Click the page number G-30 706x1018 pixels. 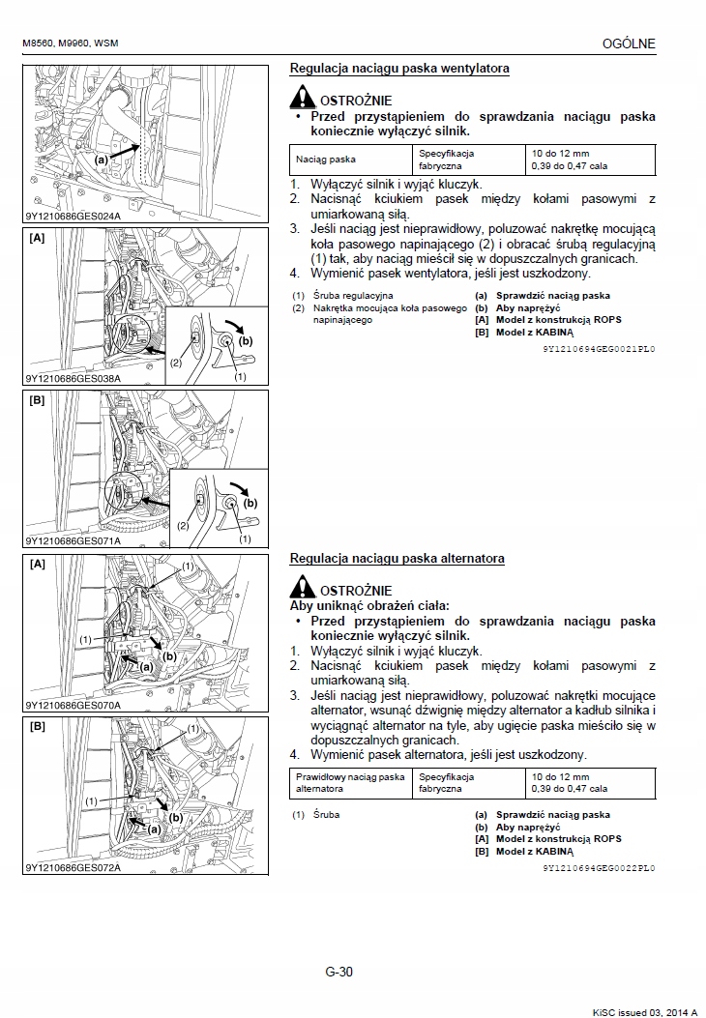pos(339,973)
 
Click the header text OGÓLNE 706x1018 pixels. pos(629,44)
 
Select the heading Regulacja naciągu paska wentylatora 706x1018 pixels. pos(399,69)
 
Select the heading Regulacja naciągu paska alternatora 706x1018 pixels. pos(397,559)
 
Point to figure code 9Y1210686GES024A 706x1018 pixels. pos(74,217)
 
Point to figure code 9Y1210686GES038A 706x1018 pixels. pos(74,379)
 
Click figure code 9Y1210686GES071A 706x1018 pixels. pos(74,541)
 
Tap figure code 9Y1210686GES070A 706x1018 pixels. pos(74,705)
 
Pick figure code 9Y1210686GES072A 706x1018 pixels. pos(74,867)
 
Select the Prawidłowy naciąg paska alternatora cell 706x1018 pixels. pos(350,782)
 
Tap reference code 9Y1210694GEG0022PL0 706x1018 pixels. pos(599,868)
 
